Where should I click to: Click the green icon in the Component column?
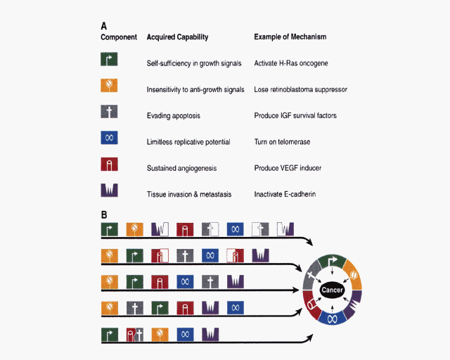pyautogui.click(x=109, y=60)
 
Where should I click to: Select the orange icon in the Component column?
pyautogui.click(x=109, y=86)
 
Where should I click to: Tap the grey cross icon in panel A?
pyautogui.click(x=109, y=112)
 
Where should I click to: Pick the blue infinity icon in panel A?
pyautogui.click(x=109, y=139)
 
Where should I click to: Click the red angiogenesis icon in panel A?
pyautogui.click(x=109, y=165)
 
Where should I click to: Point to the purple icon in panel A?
pyautogui.click(x=109, y=191)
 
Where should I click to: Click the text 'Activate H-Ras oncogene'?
pyautogui.click(x=291, y=63)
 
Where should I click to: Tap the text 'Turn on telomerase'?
pyautogui.click(x=281, y=142)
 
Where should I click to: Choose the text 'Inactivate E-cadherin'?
pyautogui.click(x=285, y=194)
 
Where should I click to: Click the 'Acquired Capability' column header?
pyautogui.click(x=177, y=37)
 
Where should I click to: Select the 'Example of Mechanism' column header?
pyautogui.click(x=290, y=37)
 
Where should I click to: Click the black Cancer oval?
pyautogui.click(x=331, y=290)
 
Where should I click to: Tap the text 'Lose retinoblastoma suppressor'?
pyautogui.click(x=301, y=90)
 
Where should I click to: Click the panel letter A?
pyautogui.click(x=104, y=25)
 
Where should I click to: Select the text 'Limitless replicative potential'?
pyautogui.click(x=188, y=142)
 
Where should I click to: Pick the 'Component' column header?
pyautogui.click(x=118, y=37)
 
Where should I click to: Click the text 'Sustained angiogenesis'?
pyautogui.click(x=181, y=168)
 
